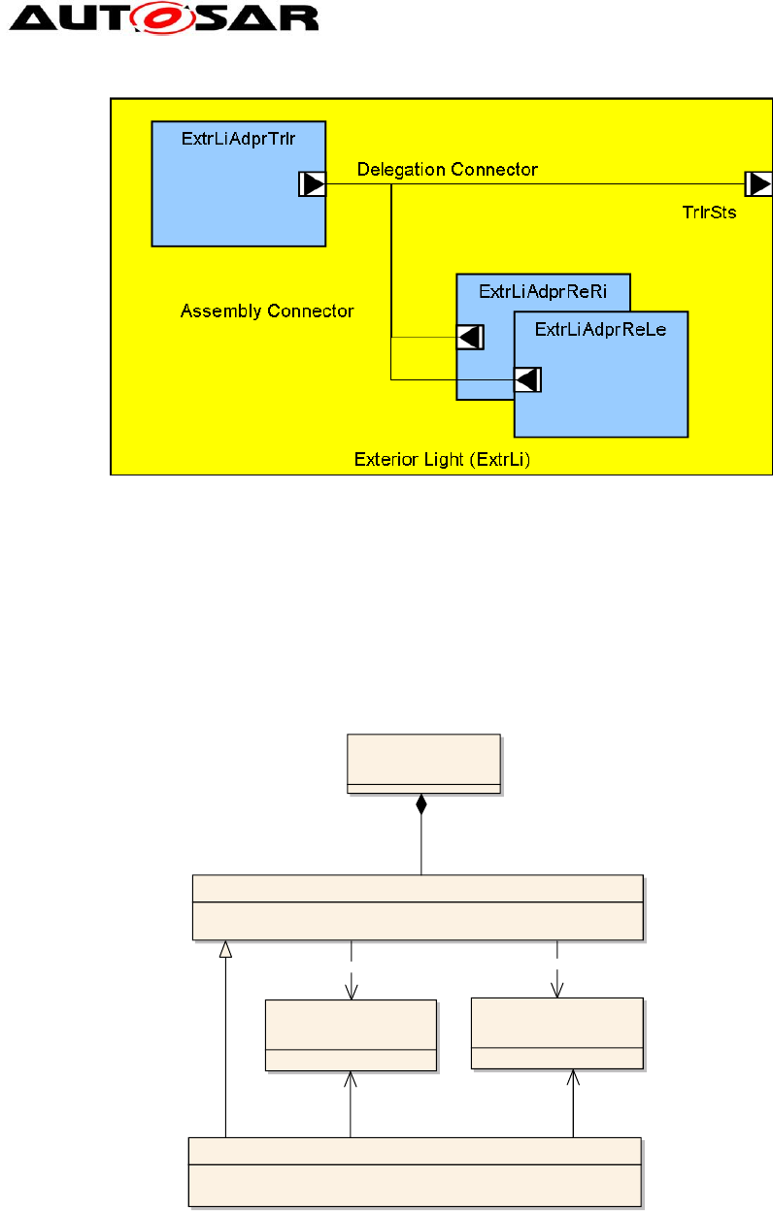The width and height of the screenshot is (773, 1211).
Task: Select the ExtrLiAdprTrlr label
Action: [238, 139]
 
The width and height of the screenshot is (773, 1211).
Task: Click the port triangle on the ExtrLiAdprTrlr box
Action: [312, 183]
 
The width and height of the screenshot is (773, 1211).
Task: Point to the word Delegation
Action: [399, 170]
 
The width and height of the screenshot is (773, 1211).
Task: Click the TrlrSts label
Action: [709, 213]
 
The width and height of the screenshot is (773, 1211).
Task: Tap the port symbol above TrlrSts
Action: [757, 183]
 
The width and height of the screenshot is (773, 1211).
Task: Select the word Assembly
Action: [220, 311]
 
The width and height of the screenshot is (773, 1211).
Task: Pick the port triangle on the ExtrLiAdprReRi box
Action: [470, 337]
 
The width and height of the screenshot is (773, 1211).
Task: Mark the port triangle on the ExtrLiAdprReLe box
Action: [527, 379]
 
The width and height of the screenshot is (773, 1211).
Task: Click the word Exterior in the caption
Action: [384, 459]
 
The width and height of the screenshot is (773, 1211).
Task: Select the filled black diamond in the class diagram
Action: [420, 804]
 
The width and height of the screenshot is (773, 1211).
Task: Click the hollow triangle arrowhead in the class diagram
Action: [225, 948]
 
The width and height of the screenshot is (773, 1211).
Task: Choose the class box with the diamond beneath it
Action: [424, 764]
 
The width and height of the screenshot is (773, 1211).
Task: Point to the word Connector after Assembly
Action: [310, 311]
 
